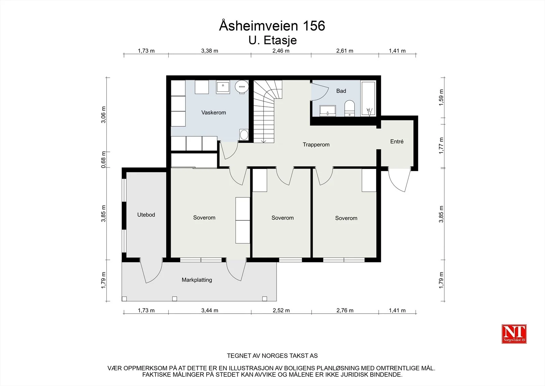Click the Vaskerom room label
(214, 113)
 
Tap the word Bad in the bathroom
(341, 91)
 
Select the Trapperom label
(316, 145)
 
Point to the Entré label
(397, 141)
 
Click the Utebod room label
(146, 215)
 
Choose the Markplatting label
(197, 280)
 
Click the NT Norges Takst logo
(514, 334)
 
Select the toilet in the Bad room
(349, 108)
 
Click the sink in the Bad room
(327, 111)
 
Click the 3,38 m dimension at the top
(209, 51)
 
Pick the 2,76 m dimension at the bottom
(345, 311)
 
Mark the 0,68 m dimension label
(104, 160)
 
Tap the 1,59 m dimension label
(441, 98)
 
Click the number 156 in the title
(314, 26)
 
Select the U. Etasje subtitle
(272, 41)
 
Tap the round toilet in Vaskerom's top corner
(242, 87)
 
